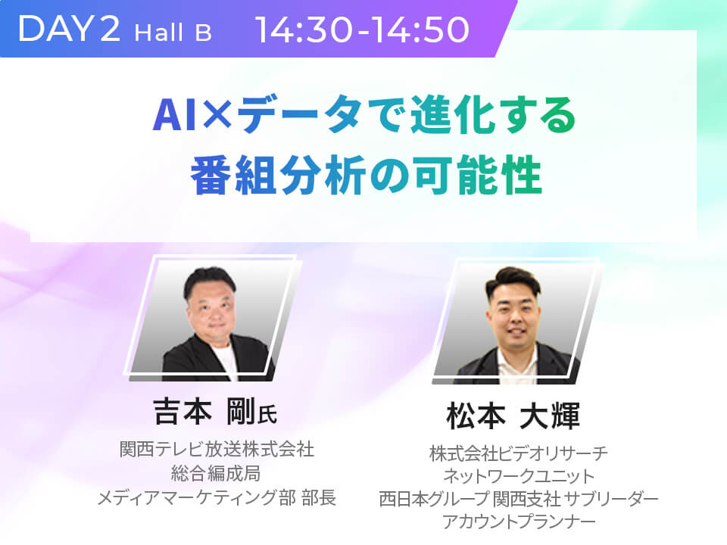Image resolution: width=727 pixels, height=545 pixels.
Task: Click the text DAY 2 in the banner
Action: (x=70, y=29)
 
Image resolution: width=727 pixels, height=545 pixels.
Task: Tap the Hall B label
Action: (x=173, y=33)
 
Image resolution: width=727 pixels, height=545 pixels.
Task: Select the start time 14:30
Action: (x=304, y=30)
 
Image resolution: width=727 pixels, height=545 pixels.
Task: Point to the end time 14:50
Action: (x=420, y=30)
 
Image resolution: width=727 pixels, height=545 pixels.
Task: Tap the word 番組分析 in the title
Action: (x=278, y=176)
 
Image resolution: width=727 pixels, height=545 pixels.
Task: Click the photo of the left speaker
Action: (x=213, y=319)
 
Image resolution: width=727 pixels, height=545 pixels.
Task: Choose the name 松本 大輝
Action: (x=513, y=416)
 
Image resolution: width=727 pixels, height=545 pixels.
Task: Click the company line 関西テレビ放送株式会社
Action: (x=217, y=449)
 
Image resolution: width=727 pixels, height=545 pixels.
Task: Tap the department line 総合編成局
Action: (x=217, y=473)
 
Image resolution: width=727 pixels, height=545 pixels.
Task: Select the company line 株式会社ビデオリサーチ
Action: (x=518, y=453)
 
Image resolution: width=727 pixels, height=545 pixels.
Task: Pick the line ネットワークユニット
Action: (x=518, y=476)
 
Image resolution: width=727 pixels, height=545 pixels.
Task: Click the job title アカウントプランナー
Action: (x=518, y=522)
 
